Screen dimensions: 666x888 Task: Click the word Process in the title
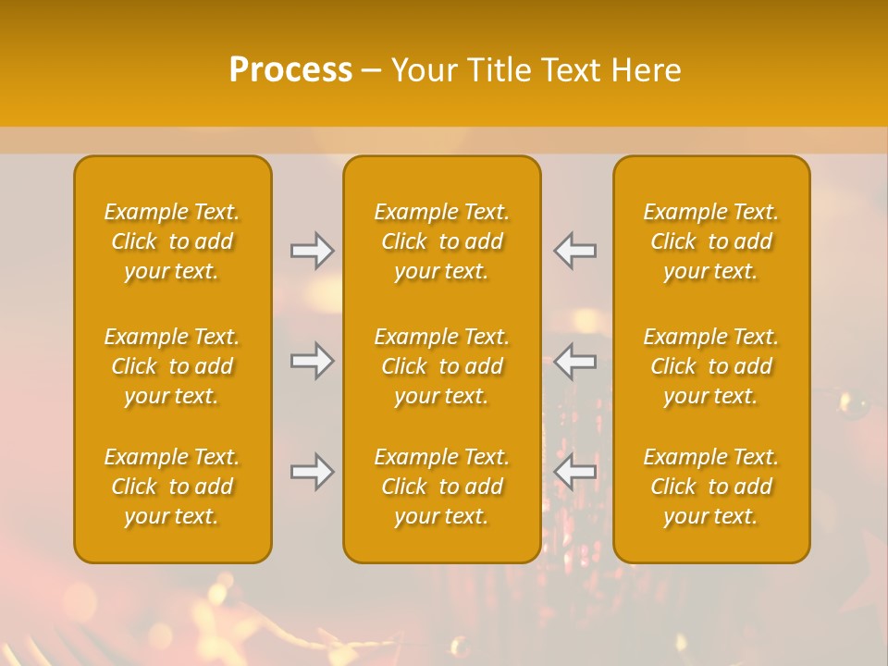coord(290,70)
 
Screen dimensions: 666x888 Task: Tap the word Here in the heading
coord(645,70)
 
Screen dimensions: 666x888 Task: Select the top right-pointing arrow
coord(313,251)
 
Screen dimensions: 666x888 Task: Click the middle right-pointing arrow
coord(313,361)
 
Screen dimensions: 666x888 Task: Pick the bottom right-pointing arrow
coord(313,472)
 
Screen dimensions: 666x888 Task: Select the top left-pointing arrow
coord(575,251)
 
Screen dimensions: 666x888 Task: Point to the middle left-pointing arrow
coord(575,361)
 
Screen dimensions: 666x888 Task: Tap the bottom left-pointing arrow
coord(575,472)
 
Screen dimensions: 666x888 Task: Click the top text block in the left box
coord(172,241)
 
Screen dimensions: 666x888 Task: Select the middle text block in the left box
coord(172,366)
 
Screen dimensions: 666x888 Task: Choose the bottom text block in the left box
coord(172,487)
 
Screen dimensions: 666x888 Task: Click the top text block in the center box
coord(442,241)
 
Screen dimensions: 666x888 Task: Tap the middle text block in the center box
coord(442,366)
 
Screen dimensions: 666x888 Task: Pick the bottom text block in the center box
coord(442,487)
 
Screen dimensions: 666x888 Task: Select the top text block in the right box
coord(711,241)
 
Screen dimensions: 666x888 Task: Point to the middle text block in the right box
coord(711,366)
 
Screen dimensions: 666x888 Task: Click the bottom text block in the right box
coord(711,487)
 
